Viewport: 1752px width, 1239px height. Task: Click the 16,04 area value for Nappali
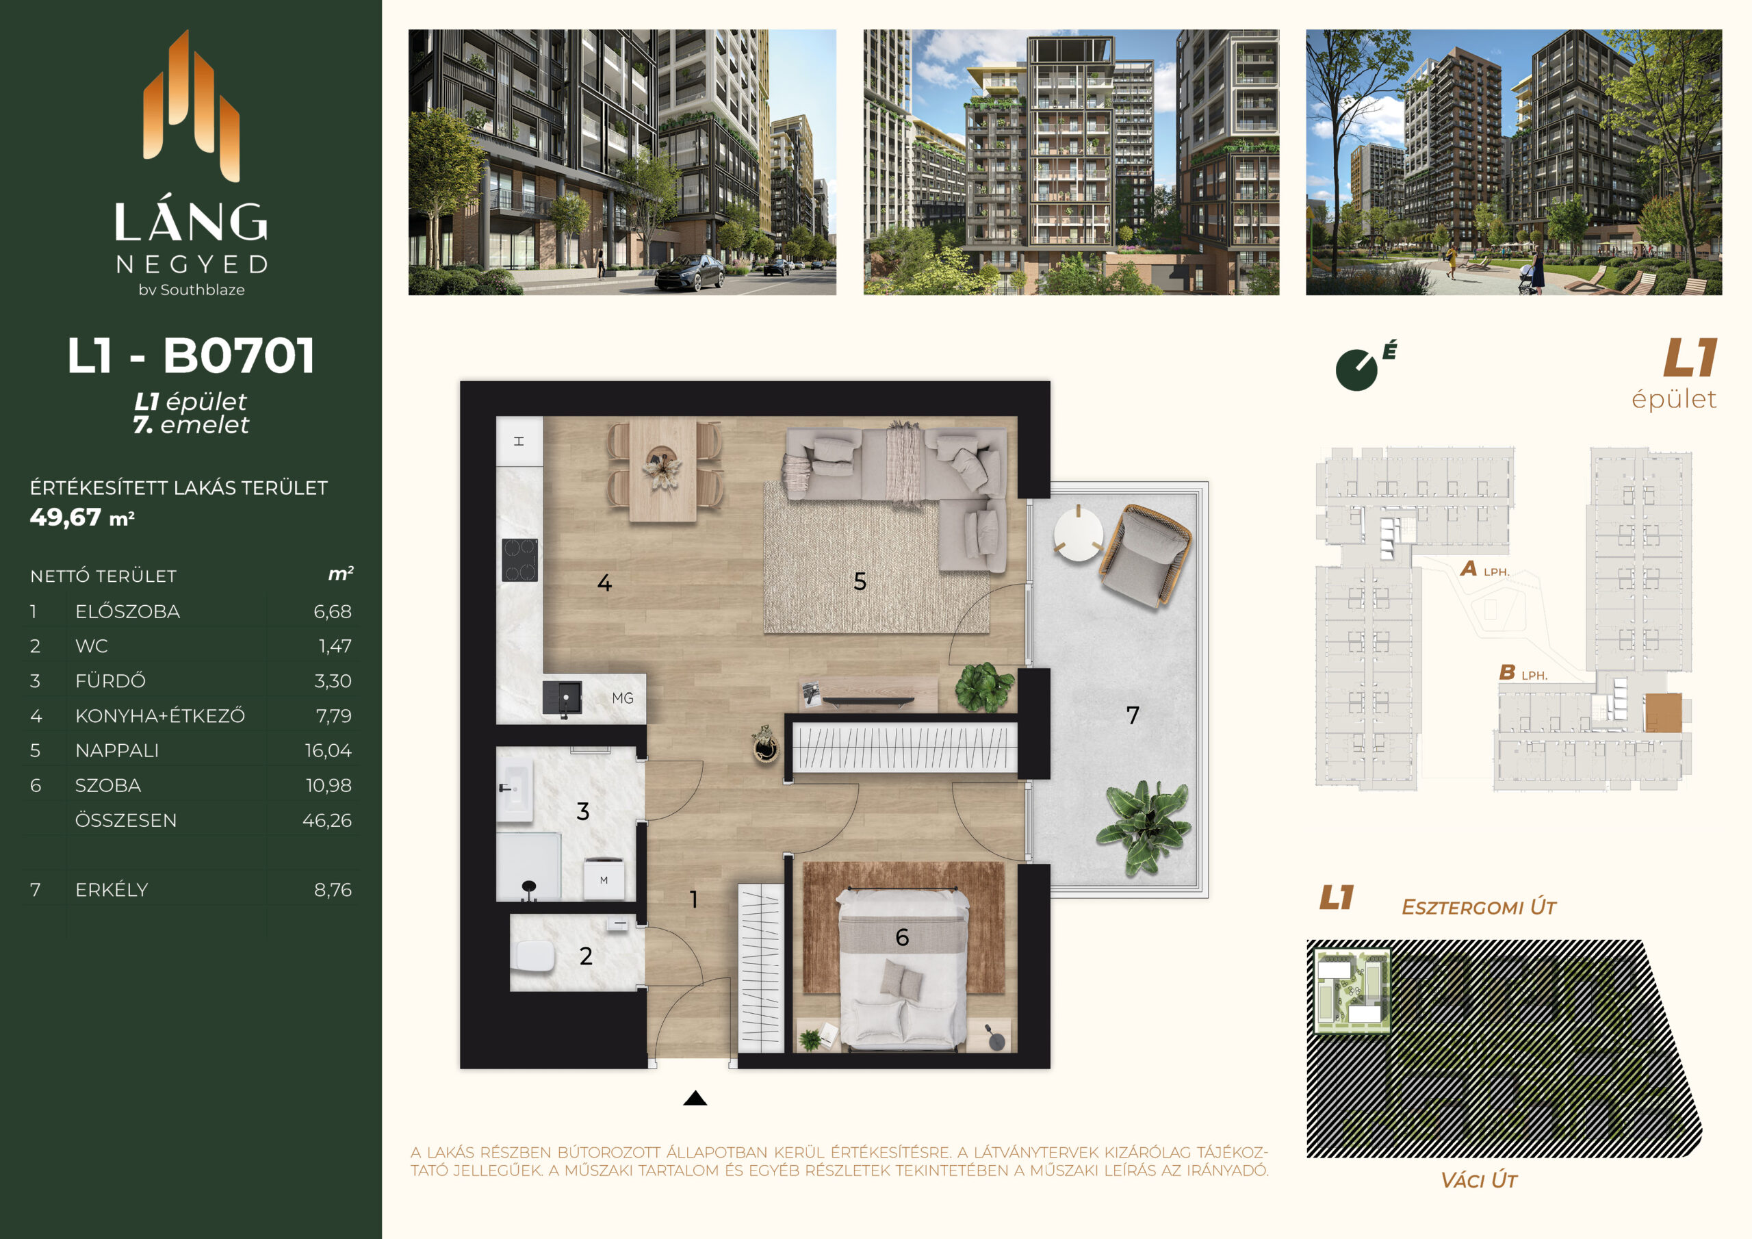click(x=328, y=750)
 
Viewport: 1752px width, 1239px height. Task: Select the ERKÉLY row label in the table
click(x=112, y=889)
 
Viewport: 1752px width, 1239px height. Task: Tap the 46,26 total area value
click(x=327, y=820)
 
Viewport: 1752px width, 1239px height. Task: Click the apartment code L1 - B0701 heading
click(x=191, y=356)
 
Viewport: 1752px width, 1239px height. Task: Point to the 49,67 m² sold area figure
click(x=82, y=518)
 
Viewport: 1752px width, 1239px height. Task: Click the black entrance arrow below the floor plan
click(x=695, y=1098)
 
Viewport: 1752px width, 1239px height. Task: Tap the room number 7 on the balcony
click(x=1133, y=715)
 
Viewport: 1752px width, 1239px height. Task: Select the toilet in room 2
click(x=534, y=956)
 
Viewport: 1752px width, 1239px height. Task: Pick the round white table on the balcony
click(x=1078, y=533)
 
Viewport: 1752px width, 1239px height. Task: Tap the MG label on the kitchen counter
click(x=623, y=698)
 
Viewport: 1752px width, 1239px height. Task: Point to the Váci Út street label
click(x=1479, y=1180)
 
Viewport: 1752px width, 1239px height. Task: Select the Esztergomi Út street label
click(x=1479, y=907)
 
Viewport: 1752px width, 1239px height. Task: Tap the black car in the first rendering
click(x=689, y=272)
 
